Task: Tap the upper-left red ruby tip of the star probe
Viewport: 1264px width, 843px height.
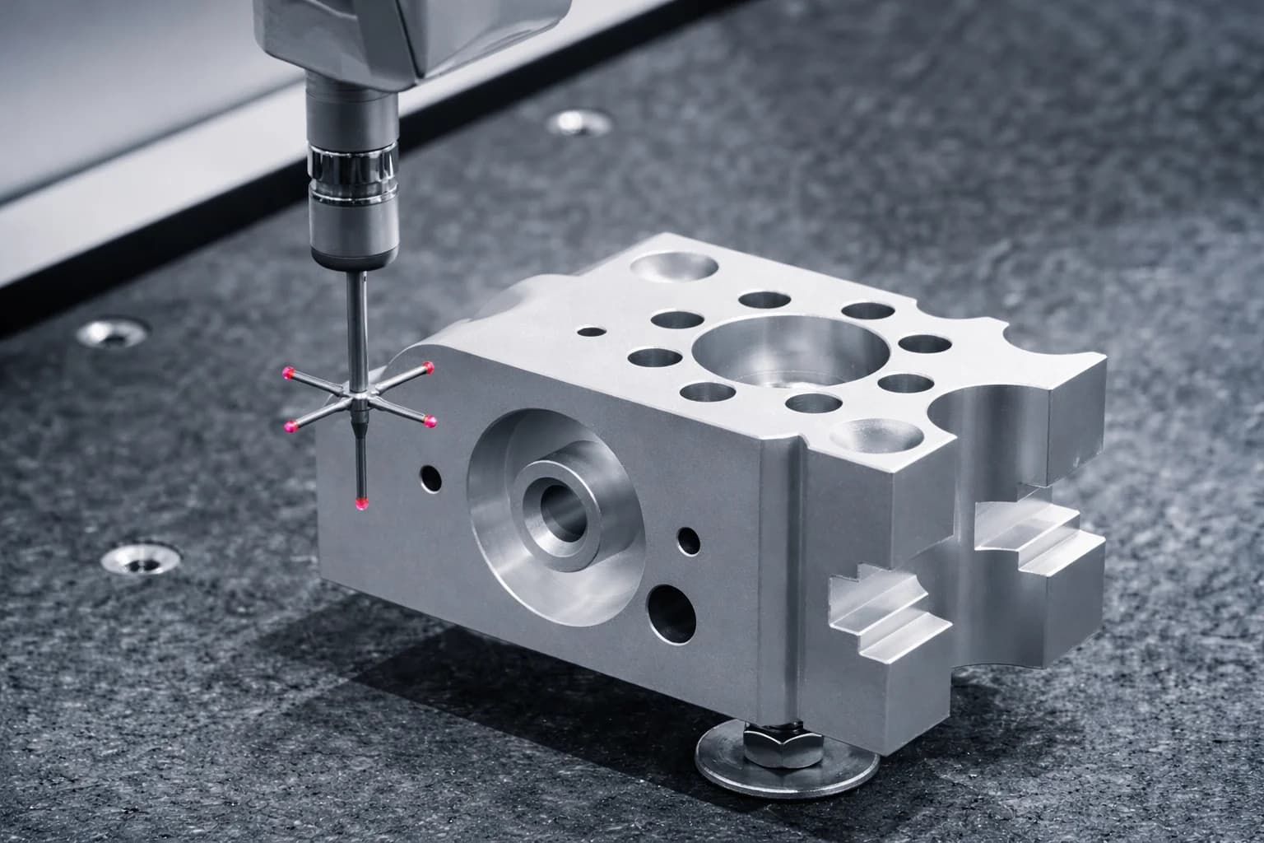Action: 288,373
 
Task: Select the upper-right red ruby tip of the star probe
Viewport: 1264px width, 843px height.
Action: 429,366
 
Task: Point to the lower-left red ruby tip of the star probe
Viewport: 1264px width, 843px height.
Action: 290,426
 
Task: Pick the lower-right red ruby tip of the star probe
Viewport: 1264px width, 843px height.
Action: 430,422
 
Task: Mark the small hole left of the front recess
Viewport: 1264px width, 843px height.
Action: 430,475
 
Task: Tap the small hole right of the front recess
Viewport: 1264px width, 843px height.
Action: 688,540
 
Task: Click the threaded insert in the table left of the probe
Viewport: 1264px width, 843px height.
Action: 114,333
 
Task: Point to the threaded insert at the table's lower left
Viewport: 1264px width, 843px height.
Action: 141,557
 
